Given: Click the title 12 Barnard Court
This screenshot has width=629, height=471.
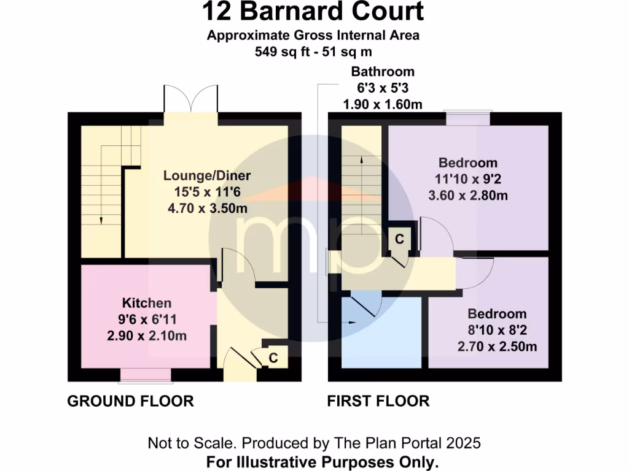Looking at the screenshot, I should (x=313, y=12).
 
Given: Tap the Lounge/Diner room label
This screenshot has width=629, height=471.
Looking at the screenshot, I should (x=207, y=176).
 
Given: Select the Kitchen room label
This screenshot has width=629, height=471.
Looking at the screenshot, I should (x=147, y=303).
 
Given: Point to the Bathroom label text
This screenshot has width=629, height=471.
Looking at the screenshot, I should (x=383, y=72).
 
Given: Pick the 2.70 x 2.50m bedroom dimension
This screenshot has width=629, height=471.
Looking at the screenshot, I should (x=497, y=347).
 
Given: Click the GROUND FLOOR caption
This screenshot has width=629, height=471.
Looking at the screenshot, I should (x=130, y=401).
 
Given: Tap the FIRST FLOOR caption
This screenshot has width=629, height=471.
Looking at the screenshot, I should (x=378, y=401).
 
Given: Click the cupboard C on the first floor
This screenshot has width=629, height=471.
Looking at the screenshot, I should (x=399, y=239).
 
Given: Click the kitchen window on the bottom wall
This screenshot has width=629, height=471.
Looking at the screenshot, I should (x=146, y=373).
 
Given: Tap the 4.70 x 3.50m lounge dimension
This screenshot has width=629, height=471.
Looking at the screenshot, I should (x=207, y=209).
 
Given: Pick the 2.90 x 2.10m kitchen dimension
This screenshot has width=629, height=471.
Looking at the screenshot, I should (x=147, y=335).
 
